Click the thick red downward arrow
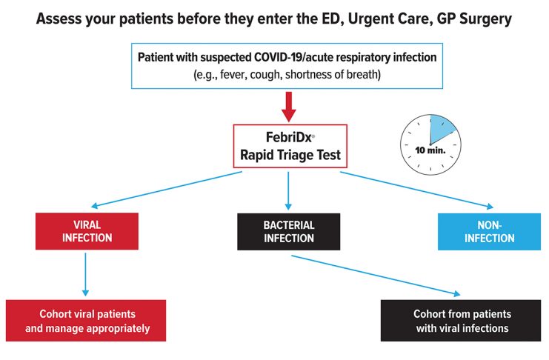coord(288,107)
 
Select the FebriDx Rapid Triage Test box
coord(290,146)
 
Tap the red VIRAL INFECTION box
coord(87,231)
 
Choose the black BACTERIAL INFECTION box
coord(288,231)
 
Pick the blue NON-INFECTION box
coord(489,231)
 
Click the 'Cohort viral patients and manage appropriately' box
coord(86,321)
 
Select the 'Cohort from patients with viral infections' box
coord(461,321)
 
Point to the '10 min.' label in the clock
coord(430,150)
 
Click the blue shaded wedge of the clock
coord(441,128)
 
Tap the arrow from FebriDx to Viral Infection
coord(166,189)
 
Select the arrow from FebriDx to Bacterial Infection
coord(288,190)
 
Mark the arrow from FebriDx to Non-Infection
coord(416,190)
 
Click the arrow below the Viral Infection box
coord(85,275)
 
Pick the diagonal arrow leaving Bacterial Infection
coord(376,276)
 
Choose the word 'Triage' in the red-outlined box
coord(296,155)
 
